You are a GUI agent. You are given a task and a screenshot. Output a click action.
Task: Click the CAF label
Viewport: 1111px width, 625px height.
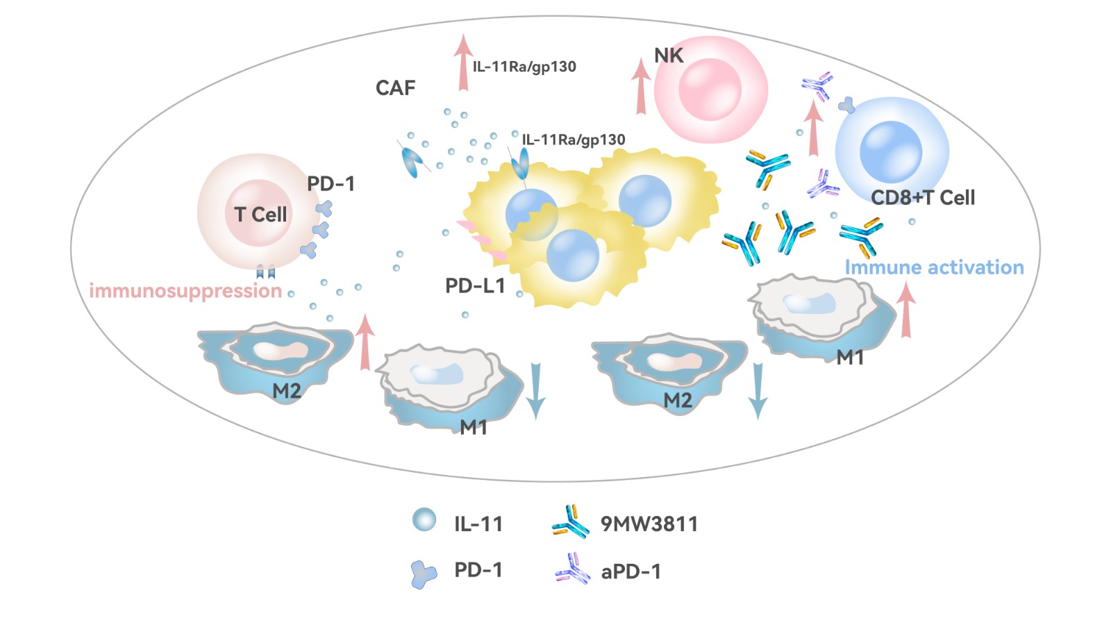[x=395, y=88]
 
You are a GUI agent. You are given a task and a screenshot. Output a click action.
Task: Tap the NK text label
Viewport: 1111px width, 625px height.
[x=669, y=56]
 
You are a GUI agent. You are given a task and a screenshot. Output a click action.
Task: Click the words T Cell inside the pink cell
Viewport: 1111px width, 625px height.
[x=260, y=215]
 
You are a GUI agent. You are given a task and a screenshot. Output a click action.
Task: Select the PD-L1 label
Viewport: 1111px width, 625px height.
[x=475, y=286]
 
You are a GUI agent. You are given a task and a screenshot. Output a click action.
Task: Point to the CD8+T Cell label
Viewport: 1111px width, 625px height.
[x=923, y=198]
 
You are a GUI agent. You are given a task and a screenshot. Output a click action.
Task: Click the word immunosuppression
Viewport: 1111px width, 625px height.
[x=185, y=291]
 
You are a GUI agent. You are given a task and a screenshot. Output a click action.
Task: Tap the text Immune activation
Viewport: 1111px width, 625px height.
[x=934, y=267]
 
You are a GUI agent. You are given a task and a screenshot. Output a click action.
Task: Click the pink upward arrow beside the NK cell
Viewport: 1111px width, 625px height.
[x=640, y=87]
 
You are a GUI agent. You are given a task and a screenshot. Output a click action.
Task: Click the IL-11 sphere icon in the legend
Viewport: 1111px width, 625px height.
[x=424, y=519]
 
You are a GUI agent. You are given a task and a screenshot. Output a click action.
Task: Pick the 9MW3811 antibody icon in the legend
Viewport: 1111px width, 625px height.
[x=570, y=522]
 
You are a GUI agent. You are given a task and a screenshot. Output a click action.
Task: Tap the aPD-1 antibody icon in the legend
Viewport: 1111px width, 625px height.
[x=572, y=569]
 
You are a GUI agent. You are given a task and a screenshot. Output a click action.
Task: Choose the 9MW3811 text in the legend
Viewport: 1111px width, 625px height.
[x=649, y=524]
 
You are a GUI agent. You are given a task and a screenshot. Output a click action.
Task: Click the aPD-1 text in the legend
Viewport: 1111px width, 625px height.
[x=630, y=572]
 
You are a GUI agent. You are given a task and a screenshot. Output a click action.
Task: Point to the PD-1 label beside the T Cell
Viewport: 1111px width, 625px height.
[x=331, y=184]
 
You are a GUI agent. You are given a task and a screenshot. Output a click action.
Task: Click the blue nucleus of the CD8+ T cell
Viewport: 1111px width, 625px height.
[x=890, y=151]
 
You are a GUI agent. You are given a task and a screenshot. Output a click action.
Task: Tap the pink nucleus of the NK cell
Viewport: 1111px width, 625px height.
[x=709, y=90]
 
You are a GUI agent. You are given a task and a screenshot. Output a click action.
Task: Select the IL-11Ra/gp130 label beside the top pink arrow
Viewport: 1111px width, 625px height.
[x=524, y=67]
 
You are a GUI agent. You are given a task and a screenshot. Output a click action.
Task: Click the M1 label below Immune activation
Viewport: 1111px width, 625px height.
[x=849, y=358]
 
